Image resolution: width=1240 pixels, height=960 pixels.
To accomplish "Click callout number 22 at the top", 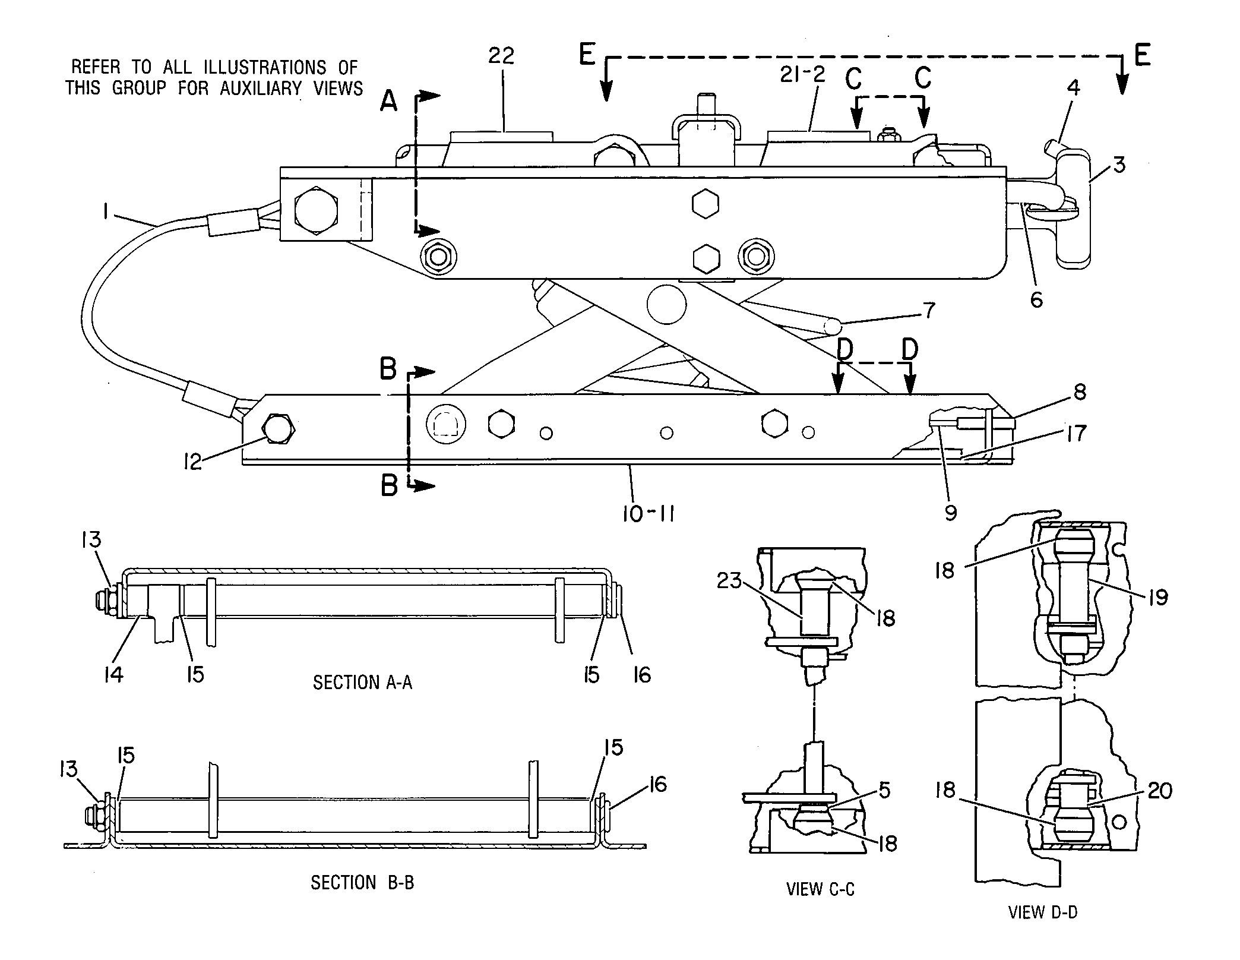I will [501, 56].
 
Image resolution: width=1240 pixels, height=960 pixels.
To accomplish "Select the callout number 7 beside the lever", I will [929, 310].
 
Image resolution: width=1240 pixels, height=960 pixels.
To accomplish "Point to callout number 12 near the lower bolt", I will [193, 462].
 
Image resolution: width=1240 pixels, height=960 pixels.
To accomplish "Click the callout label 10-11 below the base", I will [649, 514].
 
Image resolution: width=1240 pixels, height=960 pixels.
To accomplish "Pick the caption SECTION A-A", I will [362, 683].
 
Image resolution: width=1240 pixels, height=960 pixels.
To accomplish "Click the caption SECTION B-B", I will [362, 883].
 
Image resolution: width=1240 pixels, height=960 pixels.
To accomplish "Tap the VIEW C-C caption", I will [820, 889].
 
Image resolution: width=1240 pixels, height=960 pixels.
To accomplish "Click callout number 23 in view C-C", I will [729, 580].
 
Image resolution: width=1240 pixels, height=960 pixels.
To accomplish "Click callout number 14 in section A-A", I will [113, 675].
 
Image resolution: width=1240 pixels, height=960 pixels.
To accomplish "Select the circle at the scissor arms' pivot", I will [666, 304].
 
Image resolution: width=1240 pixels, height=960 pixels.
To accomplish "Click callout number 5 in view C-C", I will [884, 791].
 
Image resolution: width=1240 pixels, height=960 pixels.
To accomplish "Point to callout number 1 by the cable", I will [105, 212].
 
